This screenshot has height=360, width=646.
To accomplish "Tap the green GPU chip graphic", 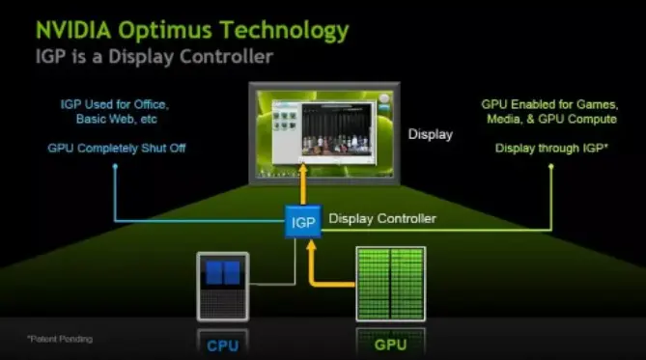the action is pyautogui.click(x=391, y=284).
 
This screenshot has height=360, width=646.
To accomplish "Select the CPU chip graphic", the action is pyautogui.click(x=223, y=285).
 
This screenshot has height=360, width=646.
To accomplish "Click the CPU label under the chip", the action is pyautogui.click(x=223, y=344).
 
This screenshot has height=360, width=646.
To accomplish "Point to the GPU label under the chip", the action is pyautogui.click(x=391, y=344).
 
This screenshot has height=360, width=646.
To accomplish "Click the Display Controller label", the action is pyautogui.click(x=382, y=219).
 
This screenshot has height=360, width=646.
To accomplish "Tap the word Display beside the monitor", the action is pyautogui.click(x=430, y=134).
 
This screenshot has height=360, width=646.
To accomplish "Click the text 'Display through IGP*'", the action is pyautogui.click(x=550, y=148).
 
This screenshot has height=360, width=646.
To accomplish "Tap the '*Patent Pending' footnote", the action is pyautogui.click(x=59, y=339).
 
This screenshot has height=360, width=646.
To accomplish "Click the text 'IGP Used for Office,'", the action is pyautogui.click(x=114, y=103).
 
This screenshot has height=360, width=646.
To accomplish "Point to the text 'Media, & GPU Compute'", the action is pyautogui.click(x=550, y=120).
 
